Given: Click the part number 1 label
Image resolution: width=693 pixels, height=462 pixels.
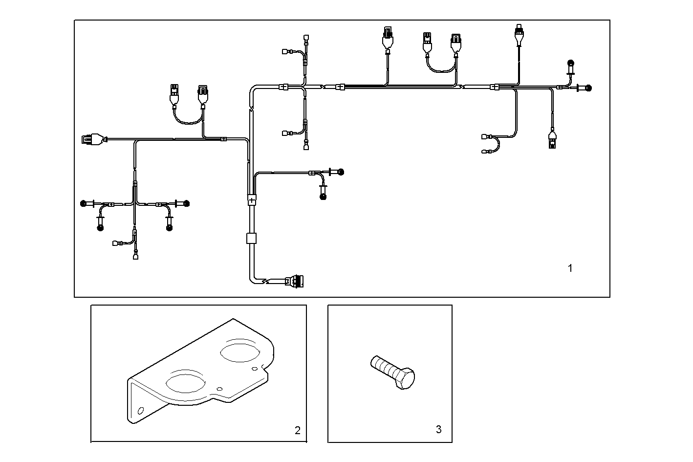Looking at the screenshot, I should coord(570,268).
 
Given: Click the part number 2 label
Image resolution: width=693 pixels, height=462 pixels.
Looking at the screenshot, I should coord(297,430).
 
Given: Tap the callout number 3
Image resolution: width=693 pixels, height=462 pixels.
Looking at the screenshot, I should coord(438,429).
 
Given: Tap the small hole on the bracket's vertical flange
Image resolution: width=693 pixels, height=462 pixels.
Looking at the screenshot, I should coord(141,410).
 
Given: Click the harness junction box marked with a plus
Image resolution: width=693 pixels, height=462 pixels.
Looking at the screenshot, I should coord(252,199).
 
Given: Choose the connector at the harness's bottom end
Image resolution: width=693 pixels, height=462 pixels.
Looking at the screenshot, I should coord(296,282).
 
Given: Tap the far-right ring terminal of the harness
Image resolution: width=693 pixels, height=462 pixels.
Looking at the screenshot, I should coord(588,88).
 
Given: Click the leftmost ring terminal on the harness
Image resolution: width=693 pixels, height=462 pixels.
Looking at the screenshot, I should coord(84,203).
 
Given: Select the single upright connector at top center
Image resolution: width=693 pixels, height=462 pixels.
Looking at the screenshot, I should coord(388,38).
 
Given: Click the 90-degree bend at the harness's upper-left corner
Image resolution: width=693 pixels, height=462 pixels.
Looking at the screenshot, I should coord(252,89).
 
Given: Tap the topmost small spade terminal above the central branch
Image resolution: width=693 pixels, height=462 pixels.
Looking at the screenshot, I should coord(306,37).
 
